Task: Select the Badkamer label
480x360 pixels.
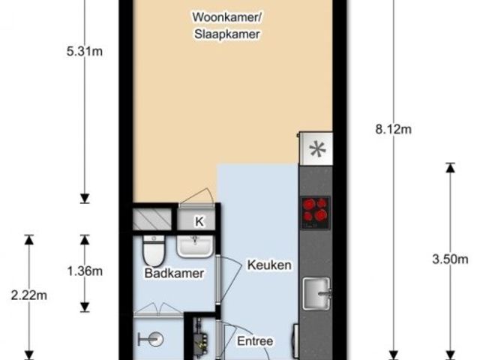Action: click(x=174, y=274)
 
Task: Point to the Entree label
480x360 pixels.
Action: click(x=254, y=341)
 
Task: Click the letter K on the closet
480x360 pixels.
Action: click(x=199, y=221)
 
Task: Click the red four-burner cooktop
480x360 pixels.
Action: click(x=316, y=211)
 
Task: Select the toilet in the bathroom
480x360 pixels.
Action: click(x=155, y=247)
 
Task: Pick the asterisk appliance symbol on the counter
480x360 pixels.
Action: click(x=317, y=148)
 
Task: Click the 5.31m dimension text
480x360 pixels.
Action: click(x=85, y=52)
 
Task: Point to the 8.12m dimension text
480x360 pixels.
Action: click(x=393, y=129)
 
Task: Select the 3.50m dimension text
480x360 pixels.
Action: click(x=449, y=259)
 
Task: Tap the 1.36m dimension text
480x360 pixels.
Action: click(x=85, y=271)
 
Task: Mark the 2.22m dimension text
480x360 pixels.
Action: click(x=29, y=295)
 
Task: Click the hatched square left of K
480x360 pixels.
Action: click(x=154, y=220)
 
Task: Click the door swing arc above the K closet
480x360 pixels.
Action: click(x=196, y=196)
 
